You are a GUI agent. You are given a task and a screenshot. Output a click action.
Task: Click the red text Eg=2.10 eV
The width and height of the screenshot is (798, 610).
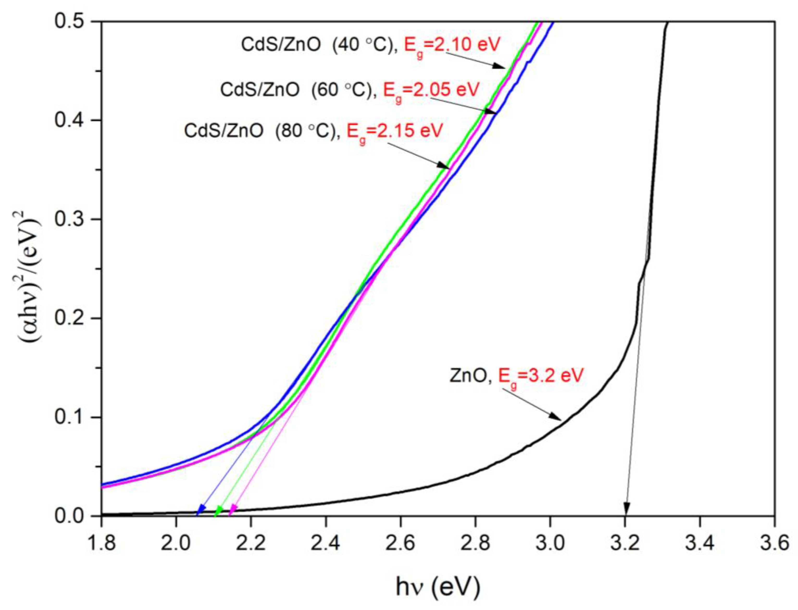coord(453,45)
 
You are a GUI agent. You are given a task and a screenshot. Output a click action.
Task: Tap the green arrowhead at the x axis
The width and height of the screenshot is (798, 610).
coord(219,510)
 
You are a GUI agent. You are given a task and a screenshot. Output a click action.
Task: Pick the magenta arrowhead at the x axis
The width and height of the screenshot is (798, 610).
coord(233,510)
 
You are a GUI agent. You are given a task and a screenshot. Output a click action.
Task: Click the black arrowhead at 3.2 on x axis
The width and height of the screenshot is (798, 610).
coord(626,508)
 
